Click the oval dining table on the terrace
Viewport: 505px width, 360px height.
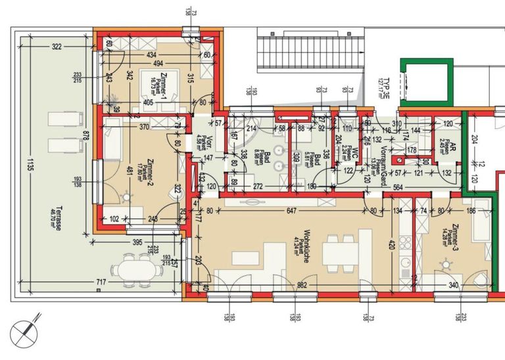(x=134, y=270)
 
